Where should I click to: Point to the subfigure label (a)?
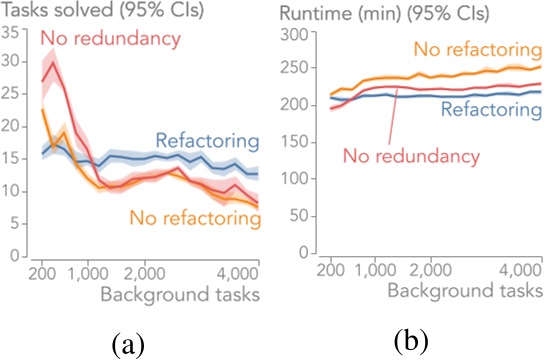pyautogui.click(x=129, y=344)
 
